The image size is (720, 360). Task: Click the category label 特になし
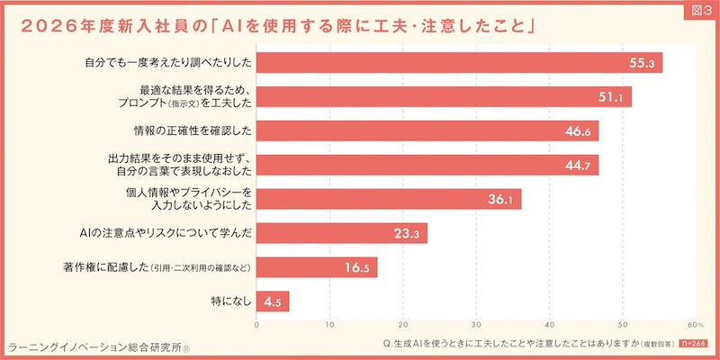pos(229,301)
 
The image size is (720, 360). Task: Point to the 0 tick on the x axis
pos(257,323)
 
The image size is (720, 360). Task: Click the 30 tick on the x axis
pos(476,323)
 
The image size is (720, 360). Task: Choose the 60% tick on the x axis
pos(695,323)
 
